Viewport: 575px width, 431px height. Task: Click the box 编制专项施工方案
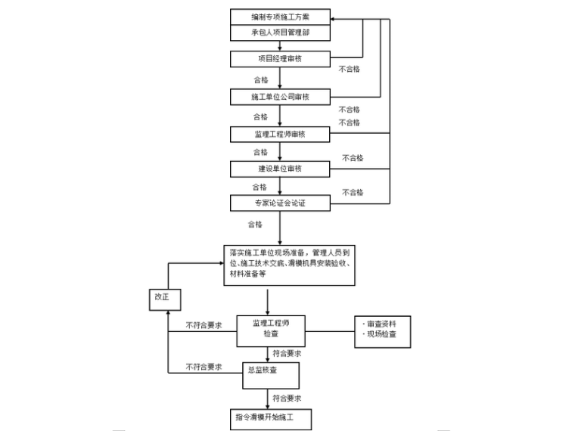[280, 17]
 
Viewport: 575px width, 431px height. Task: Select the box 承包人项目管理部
[280, 33]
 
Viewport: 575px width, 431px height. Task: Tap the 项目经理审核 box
[280, 58]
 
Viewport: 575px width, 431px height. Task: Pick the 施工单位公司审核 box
[280, 97]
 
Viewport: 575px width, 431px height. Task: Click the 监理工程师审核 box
[280, 134]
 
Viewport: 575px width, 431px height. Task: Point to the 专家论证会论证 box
[280, 203]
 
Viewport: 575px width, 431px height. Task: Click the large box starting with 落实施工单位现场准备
[290, 264]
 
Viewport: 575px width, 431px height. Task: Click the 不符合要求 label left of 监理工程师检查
[204, 325]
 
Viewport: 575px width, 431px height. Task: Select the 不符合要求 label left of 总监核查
[204, 367]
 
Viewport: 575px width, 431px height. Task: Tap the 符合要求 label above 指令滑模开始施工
[287, 398]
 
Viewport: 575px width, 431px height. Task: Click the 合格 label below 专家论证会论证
[255, 225]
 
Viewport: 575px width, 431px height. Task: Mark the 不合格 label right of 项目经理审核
[349, 69]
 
